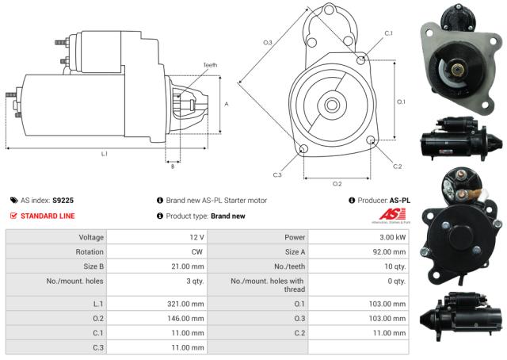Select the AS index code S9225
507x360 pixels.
click(x=63, y=201)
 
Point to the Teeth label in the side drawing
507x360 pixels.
click(x=209, y=65)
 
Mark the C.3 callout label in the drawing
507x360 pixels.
click(x=277, y=174)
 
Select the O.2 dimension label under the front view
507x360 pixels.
click(x=337, y=183)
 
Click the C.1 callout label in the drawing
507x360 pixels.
click(x=388, y=33)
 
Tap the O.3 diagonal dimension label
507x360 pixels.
click(x=268, y=42)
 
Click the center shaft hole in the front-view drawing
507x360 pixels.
click(x=331, y=104)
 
